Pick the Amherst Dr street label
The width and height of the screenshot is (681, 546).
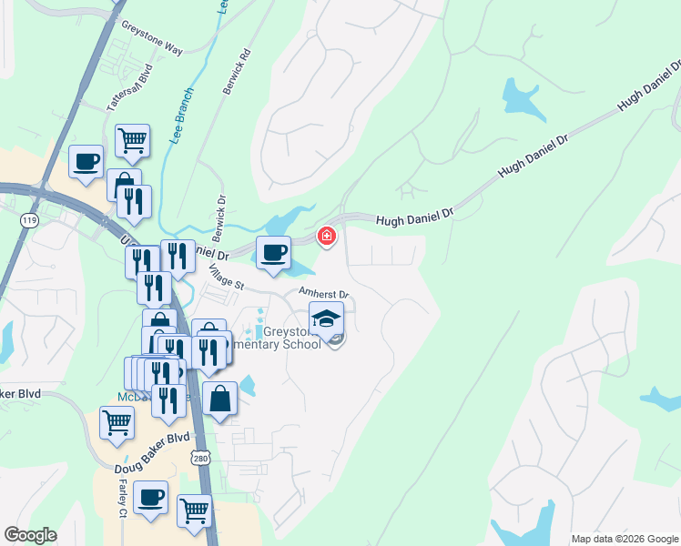pyautogui.click(x=325, y=294)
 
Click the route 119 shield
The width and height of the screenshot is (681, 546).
pyautogui.click(x=30, y=220)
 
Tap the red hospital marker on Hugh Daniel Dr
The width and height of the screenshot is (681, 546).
pyautogui.click(x=325, y=237)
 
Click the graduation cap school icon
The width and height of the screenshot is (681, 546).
pyautogui.click(x=326, y=318)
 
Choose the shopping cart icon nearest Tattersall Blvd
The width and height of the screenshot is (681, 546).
pyautogui.click(x=132, y=141)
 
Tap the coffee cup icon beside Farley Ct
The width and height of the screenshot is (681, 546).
pyautogui.click(x=150, y=497)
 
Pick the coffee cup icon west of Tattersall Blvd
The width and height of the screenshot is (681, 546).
pyautogui.click(x=86, y=161)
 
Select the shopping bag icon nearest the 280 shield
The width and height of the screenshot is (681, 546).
pyautogui.click(x=219, y=399)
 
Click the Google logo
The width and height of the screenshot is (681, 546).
pyautogui.click(x=30, y=535)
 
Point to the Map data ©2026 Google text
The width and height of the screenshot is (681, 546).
pyautogui.click(x=624, y=539)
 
